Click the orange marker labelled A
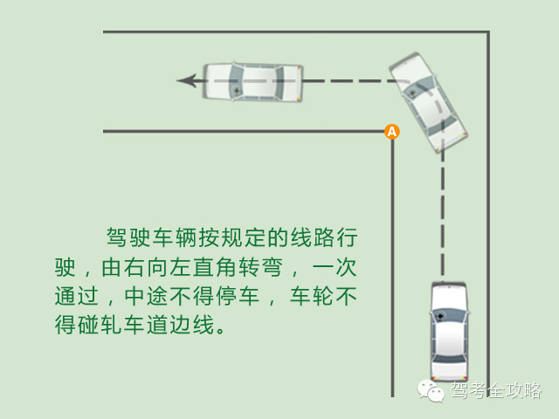(391, 132)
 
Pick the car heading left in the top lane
(252, 82)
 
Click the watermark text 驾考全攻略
(496, 390)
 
